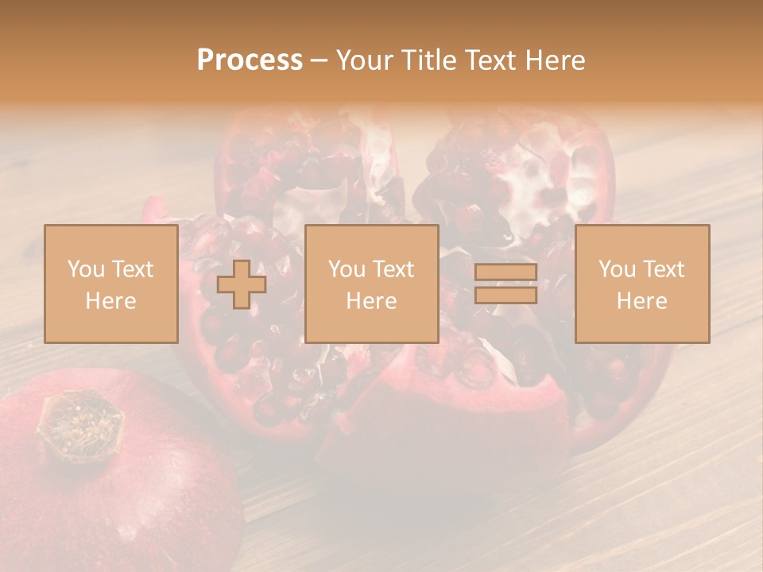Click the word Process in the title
[250, 60]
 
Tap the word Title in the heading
[428, 60]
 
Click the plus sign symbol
[242, 284]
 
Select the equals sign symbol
[505, 284]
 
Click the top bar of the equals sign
[505, 272]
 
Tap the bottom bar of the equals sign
[505, 295]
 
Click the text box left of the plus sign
[110, 284]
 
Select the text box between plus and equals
[371, 284]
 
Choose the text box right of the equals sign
[641, 284]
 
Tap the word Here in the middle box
[371, 301]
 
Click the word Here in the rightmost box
[641, 301]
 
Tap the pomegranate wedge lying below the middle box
[445, 413]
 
